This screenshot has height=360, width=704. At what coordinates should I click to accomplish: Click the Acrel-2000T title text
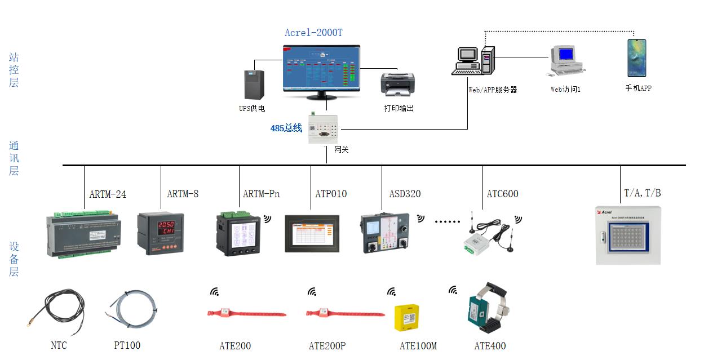point(313,33)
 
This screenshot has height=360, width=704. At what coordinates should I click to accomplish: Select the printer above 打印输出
point(397,84)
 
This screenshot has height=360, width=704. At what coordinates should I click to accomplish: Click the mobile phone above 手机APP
point(637,58)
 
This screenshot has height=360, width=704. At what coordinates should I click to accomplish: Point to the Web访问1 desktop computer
point(565,61)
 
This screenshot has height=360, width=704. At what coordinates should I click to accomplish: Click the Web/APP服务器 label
point(492,90)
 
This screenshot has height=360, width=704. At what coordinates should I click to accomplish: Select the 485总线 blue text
point(286,128)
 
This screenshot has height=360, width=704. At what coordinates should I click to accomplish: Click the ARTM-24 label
point(108,194)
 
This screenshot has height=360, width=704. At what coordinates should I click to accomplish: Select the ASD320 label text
point(405,194)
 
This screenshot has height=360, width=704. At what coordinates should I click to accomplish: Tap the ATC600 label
point(502,194)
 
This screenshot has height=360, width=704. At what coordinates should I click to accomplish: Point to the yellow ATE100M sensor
point(406,318)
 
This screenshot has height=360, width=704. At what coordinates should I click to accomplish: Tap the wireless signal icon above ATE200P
point(312,292)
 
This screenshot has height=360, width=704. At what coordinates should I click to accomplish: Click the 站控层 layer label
point(14,70)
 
